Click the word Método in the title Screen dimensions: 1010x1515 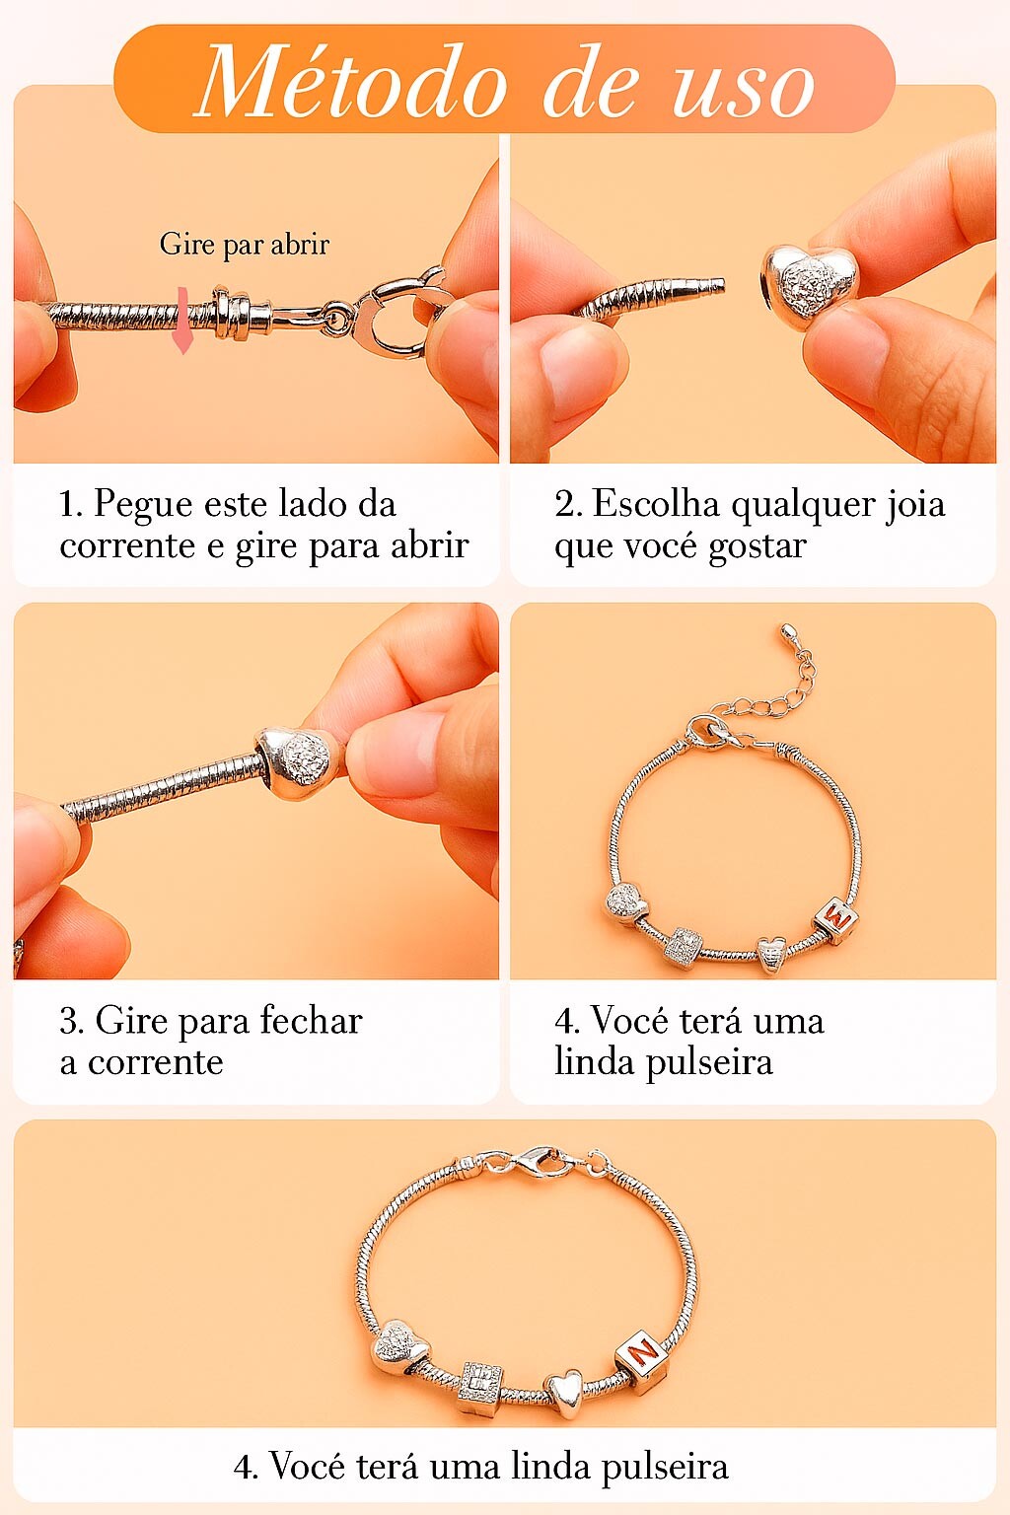point(352,83)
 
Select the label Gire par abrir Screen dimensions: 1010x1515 point(245,245)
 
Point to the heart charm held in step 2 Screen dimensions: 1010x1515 point(809,284)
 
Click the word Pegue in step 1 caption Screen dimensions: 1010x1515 point(143,505)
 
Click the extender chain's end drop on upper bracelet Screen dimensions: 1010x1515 point(786,631)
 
